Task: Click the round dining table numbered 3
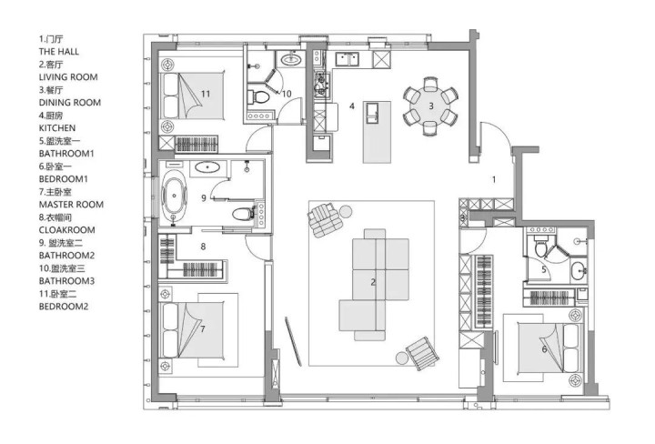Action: point(430,106)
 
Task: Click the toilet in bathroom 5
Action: point(541,247)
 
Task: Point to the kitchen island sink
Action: point(372,113)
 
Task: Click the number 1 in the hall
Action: point(494,180)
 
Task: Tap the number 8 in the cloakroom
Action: point(203,247)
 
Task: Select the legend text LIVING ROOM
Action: point(68,77)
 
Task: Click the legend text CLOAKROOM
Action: point(66,230)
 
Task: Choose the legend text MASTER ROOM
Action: point(71,205)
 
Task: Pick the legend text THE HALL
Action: point(59,52)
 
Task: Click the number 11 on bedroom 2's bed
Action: point(206,94)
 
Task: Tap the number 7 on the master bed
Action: point(203,329)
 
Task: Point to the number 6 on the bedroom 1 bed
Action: point(544,349)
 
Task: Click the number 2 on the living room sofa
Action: point(373,283)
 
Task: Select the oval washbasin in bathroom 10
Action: point(291,60)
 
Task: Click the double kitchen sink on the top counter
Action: point(348,59)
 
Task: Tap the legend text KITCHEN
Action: point(57,128)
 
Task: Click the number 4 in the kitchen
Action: point(352,106)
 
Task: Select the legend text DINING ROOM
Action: point(70,103)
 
